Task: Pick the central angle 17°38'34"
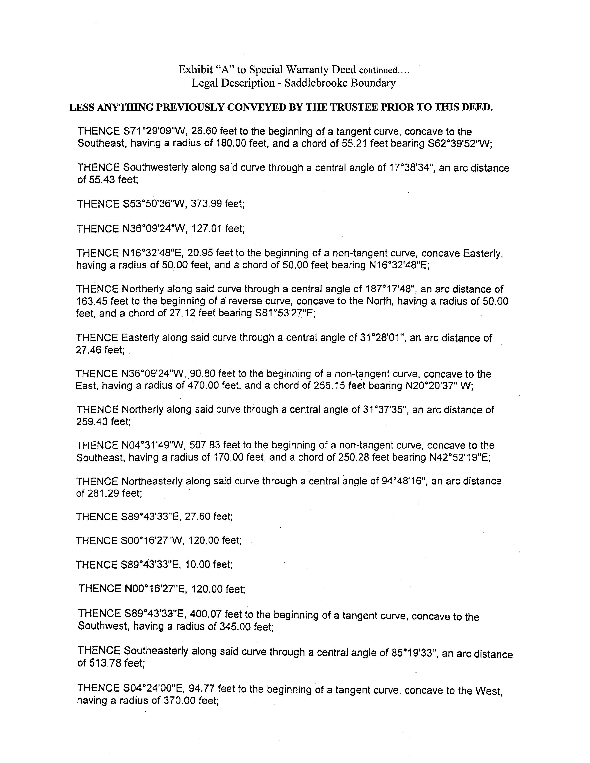(x=412, y=168)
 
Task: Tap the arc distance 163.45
(x=92, y=301)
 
